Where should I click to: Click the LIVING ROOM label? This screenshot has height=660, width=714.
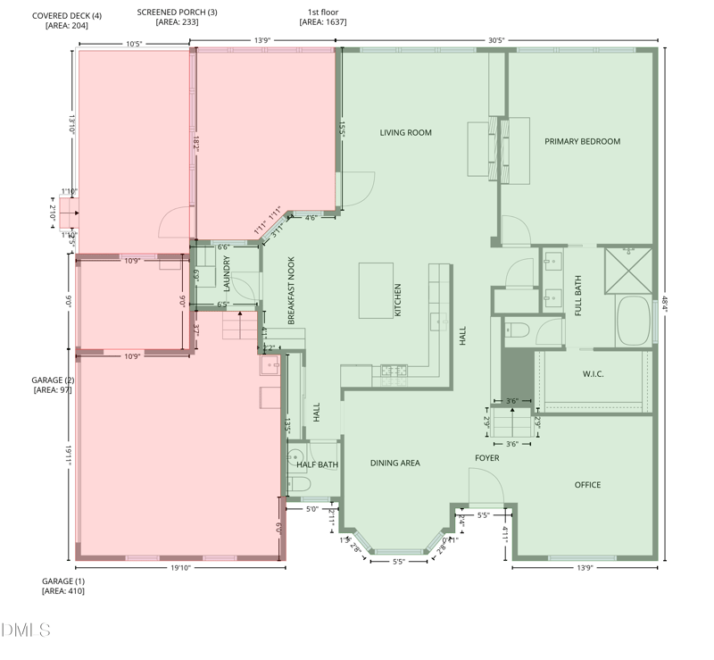click(405, 133)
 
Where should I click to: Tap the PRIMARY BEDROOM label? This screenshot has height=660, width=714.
click(582, 141)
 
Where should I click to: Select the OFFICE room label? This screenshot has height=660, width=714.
click(587, 485)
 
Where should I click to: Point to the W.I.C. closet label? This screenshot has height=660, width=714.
click(593, 374)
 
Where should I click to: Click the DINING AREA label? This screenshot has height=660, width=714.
click(394, 463)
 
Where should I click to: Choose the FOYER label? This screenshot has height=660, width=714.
click(486, 458)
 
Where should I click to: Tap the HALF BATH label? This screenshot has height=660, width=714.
click(317, 464)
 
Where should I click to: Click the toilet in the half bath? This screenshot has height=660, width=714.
click(298, 485)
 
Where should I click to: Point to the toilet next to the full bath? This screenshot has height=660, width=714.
click(517, 330)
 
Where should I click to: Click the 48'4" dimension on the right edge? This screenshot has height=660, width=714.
click(668, 304)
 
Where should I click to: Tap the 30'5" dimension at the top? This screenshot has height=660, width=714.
click(498, 39)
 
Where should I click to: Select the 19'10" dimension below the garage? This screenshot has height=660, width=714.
click(180, 567)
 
